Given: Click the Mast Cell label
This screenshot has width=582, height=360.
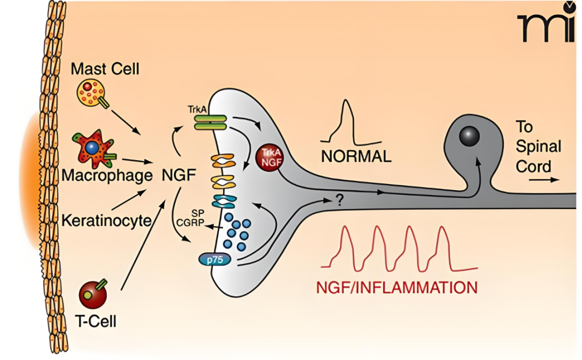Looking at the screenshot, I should coord(105,68).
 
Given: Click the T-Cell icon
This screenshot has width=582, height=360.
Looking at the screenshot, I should coord(93,294).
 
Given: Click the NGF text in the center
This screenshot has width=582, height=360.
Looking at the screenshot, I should coord(178,175).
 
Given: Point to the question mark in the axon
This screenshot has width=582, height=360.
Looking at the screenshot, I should coord(339,200).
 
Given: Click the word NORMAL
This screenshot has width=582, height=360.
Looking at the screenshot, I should coord(356,157).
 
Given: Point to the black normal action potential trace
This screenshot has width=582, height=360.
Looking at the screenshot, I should coord(347,124).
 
